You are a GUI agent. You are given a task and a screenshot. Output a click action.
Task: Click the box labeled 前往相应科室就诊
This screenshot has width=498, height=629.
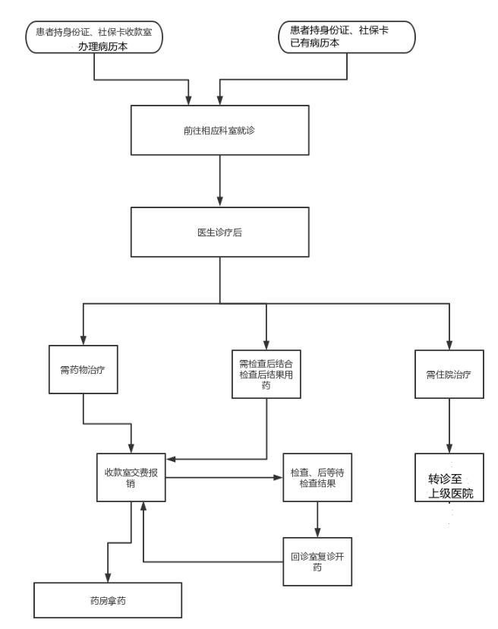point(219,130)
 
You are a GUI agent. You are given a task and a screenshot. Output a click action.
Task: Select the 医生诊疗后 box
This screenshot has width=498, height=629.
point(219,232)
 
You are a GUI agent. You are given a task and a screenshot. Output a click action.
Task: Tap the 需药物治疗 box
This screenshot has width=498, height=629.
point(83,369)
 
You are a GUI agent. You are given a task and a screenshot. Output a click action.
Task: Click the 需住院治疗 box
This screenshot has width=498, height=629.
point(449,374)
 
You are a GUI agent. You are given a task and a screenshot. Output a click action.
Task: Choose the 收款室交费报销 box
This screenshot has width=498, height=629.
point(131,477)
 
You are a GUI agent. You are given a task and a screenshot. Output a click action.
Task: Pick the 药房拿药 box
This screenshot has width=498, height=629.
point(108,600)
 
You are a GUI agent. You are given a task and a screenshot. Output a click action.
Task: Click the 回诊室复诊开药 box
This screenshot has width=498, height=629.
point(317,561)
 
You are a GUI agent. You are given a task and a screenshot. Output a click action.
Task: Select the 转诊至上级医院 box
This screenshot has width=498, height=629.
point(449,477)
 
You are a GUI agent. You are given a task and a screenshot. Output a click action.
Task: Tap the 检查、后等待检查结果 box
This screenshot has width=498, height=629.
point(317,477)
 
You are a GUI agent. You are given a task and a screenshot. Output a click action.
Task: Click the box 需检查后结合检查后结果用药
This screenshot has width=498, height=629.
point(266,374)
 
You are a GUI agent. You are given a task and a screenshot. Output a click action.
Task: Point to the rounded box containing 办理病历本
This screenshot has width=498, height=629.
point(94,37)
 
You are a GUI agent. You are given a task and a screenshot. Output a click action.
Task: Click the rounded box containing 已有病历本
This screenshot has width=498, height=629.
point(347,37)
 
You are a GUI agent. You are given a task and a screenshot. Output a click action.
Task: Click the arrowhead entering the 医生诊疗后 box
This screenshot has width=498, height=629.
point(219,201)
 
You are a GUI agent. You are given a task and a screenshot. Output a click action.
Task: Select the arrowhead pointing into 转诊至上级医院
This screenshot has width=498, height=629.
point(449,448)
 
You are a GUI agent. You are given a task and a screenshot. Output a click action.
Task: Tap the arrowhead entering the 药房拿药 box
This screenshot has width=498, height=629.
point(108,577)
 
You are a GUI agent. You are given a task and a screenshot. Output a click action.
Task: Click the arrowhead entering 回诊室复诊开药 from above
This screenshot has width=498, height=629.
point(317,533)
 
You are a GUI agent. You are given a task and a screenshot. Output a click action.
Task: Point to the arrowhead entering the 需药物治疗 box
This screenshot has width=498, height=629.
point(83,340)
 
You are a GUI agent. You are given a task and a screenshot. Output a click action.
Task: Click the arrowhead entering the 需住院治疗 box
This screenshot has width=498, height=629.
point(449,345)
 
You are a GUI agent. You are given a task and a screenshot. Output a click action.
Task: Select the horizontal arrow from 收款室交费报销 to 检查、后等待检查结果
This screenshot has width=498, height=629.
point(224,477)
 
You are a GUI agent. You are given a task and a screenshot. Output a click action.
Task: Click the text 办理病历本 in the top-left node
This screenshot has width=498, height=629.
point(102,46)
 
